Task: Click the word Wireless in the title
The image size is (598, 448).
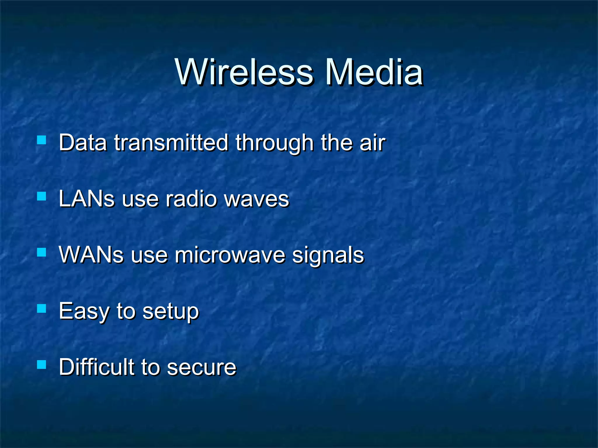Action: (x=244, y=72)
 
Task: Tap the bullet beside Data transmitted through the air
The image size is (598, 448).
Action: (x=42, y=140)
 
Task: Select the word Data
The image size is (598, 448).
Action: (x=83, y=143)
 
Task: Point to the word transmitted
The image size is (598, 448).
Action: (x=171, y=143)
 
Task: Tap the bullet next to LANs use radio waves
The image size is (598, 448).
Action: (x=42, y=196)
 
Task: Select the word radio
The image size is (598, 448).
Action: (x=191, y=199)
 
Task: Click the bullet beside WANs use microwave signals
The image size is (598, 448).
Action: (x=42, y=252)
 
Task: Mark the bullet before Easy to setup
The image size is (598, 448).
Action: (x=42, y=308)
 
